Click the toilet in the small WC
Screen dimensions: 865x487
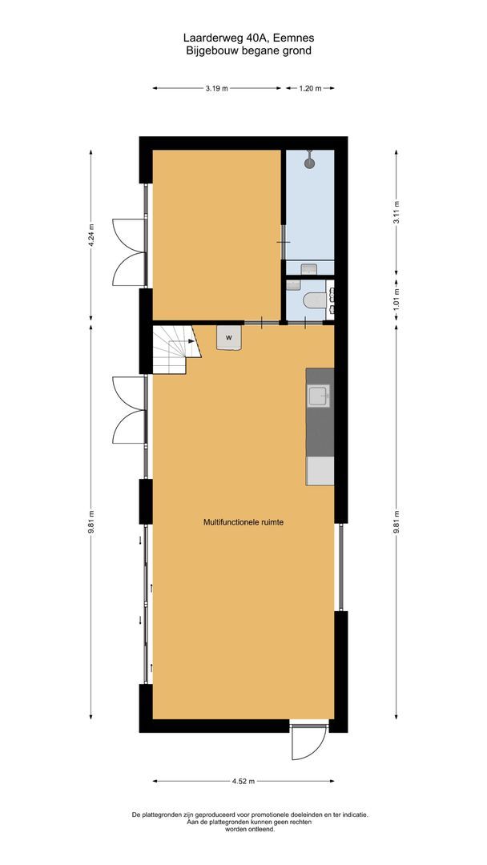(313, 300)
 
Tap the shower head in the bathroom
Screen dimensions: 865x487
(310, 163)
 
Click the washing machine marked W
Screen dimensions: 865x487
(229, 338)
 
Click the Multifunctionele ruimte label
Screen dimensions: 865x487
(243, 522)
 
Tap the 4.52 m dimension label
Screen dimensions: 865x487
(243, 781)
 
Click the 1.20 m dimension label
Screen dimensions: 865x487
(310, 89)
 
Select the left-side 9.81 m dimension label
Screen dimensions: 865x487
(91, 521)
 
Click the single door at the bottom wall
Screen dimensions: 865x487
(308, 743)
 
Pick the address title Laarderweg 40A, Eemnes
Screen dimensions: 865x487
(243, 38)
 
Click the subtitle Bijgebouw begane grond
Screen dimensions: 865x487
(243, 50)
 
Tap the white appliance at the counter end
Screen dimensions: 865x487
(320, 471)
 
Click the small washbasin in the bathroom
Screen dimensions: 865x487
(310, 270)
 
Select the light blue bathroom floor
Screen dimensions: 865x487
(309, 212)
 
